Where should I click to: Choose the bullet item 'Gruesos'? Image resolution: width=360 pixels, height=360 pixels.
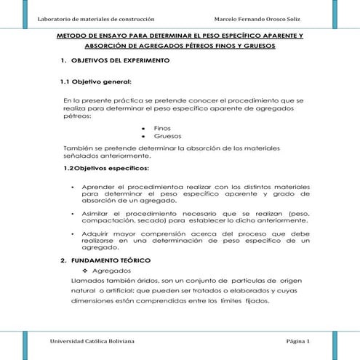pyautogui.click(x=168, y=136)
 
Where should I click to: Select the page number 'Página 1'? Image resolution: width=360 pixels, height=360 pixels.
pyautogui.click(x=297, y=341)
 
